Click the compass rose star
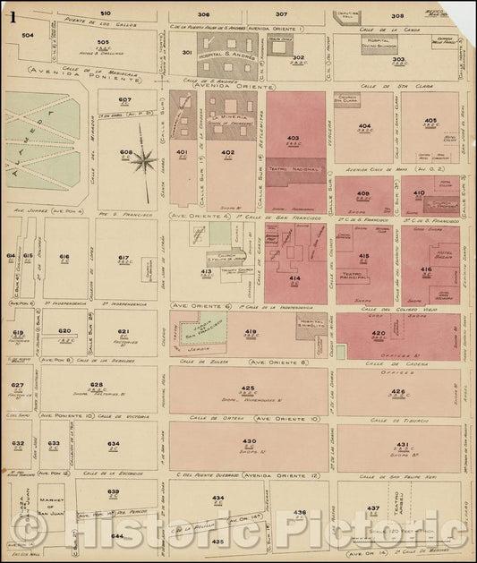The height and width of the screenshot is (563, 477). [142, 161]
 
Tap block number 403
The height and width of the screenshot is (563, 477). [292, 138]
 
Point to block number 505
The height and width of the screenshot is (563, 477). [103, 42]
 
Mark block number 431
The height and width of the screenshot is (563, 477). [402, 444]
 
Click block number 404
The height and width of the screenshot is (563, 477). [363, 126]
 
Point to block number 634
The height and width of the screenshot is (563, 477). [114, 443]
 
